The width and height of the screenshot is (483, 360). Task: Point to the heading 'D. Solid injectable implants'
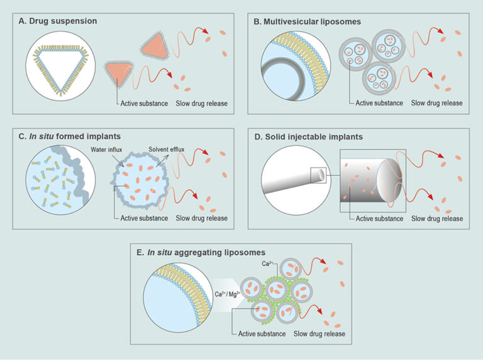(310, 136)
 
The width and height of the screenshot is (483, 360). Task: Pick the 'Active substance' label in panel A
(145, 103)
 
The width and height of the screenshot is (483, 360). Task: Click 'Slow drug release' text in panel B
(436, 103)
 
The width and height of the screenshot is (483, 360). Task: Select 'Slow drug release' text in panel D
(436, 219)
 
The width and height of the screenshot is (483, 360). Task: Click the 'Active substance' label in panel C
(145, 219)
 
